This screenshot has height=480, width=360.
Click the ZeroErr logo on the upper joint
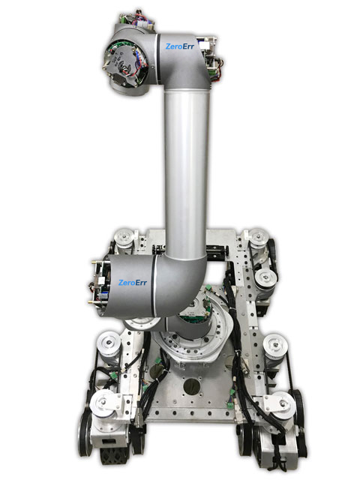point(181,46)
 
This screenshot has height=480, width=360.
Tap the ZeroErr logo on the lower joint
point(134,283)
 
